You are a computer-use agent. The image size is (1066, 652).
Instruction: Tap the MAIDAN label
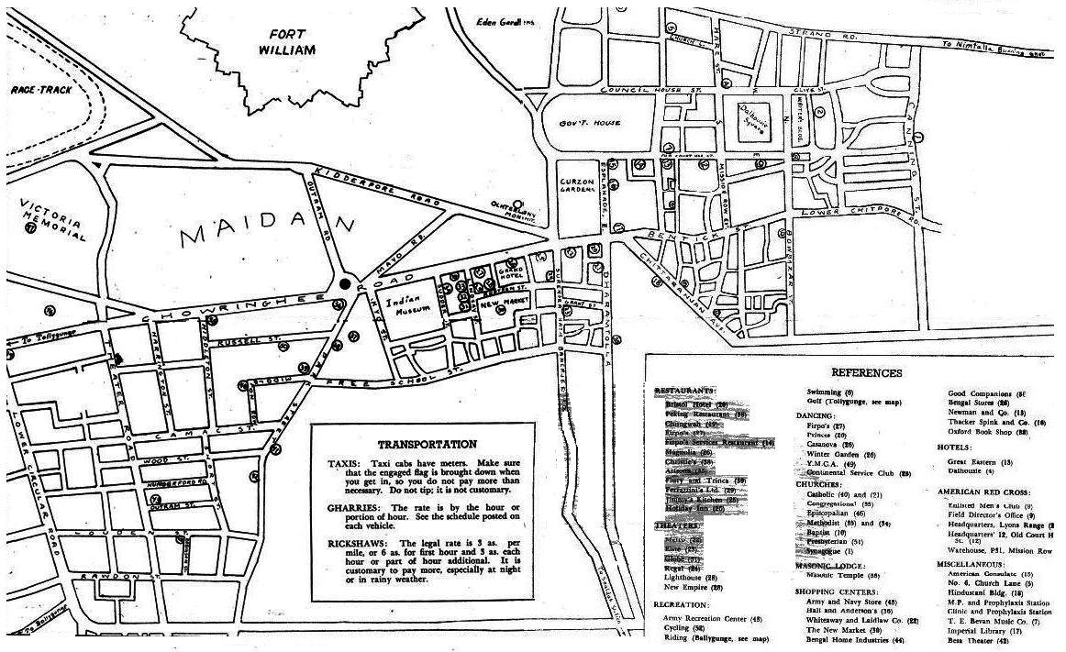[266, 229]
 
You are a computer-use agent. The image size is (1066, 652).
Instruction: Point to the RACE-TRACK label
[35, 90]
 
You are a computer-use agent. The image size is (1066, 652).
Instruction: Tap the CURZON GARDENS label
[578, 188]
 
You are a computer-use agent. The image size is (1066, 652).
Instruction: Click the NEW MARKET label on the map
[499, 301]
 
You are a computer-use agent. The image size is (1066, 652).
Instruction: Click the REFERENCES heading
[866, 373]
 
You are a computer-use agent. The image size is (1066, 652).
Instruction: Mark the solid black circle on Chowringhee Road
[346, 283]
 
